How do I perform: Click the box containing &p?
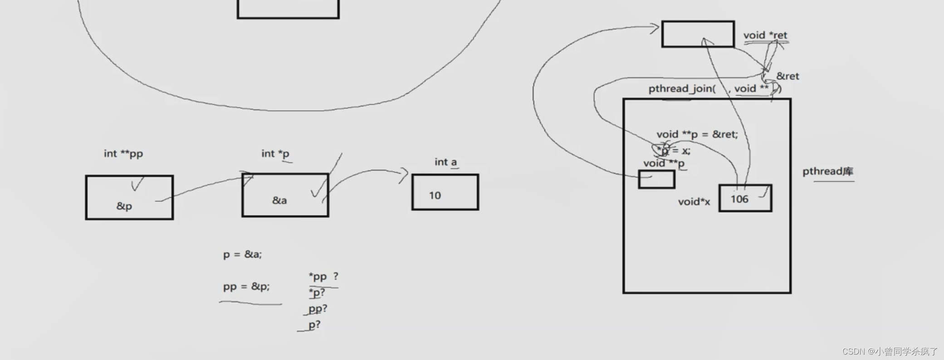[129, 198]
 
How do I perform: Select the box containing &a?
[285, 195]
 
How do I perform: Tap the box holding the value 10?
[445, 192]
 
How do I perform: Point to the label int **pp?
[123, 154]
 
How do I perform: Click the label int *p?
[275, 154]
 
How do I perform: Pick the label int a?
[445, 162]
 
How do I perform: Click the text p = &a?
[242, 254]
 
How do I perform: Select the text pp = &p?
[246, 287]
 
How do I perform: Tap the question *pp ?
[323, 276]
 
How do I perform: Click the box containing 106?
[745, 198]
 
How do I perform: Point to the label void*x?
[694, 202]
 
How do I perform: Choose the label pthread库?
[827, 171]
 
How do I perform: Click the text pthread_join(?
[682, 88]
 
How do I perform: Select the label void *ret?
[765, 35]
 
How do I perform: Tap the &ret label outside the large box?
[787, 76]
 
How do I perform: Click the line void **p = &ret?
[697, 134]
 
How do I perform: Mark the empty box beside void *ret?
[698, 34]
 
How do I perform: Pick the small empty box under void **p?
[656, 180]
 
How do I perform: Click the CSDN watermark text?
[890, 351]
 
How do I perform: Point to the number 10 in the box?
[435, 195]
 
